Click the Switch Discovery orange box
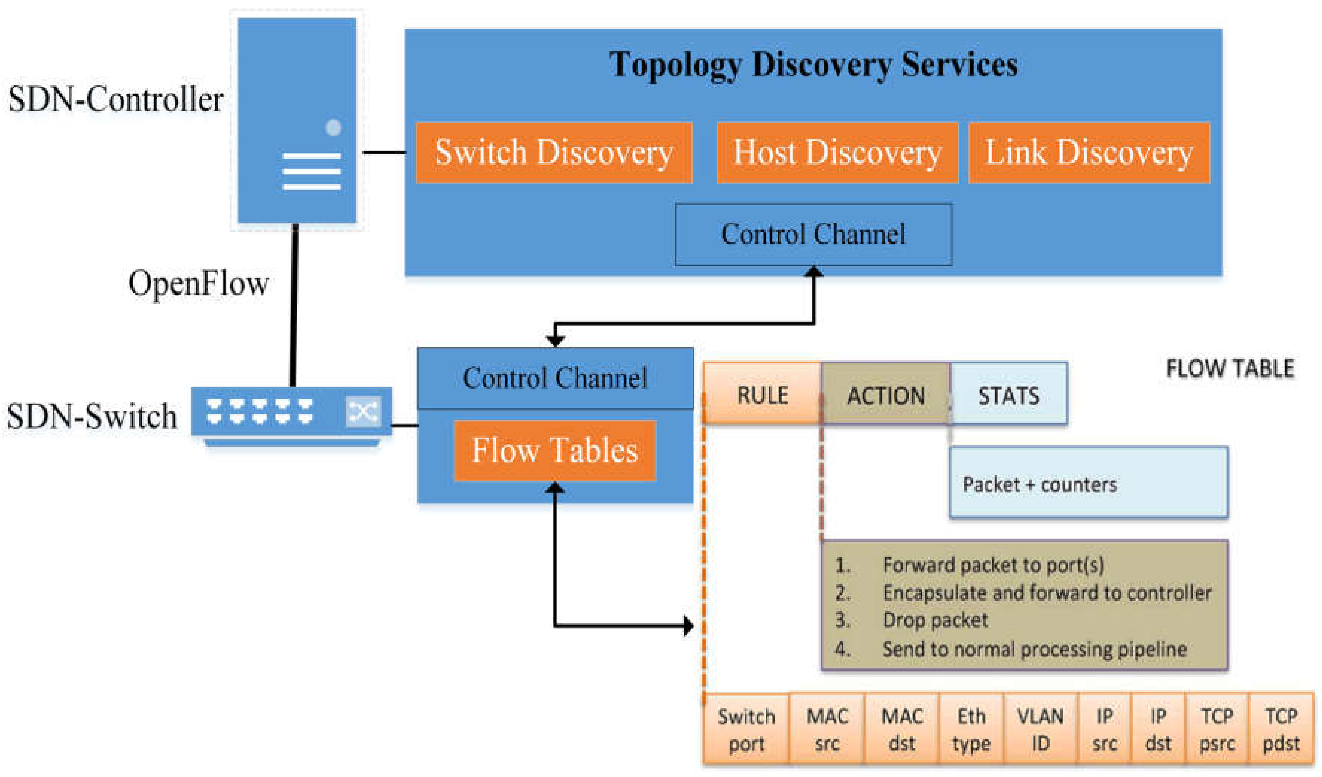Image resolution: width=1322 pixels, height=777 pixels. pyautogui.click(x=554, y=153)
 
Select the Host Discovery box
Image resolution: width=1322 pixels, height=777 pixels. pyautogui.click(x=837, y=153)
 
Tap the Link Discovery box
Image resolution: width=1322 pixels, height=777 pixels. pyautogui.click(x=1089, y=153)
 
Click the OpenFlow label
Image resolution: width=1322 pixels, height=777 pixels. pyautogui.click(x=198, y=284)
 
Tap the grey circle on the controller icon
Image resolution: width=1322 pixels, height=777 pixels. pyautogui.click(x=333, y=127)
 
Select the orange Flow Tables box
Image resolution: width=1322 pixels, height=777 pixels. pyautogui.click(x=554, y=451)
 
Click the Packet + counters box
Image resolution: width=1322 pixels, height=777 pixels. pyautogui.click(x=1088, y=483)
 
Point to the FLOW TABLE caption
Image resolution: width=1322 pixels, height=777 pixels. pyautogui.click(x=1229, y=369)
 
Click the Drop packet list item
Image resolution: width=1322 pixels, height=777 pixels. pyautogui.click(x=935, y=620)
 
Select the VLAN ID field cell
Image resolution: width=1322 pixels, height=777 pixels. pyautogui.click(x=1040, y=730)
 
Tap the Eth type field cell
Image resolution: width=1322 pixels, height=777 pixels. pyautogui.click(x=971, y=730)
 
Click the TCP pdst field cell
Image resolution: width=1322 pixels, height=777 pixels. pyautogui.click(x=1281, y=730)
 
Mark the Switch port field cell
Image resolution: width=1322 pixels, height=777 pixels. pyautogui.click(x=746, y=730)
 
